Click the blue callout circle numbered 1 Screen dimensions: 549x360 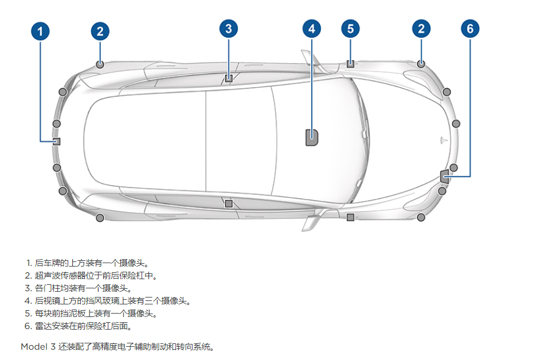pyautogui.click(x=40, y=31)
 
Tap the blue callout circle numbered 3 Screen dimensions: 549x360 pyautogui.click(x=229, y=29)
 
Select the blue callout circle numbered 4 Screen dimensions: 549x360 pyautogui.click(x=312, y=29)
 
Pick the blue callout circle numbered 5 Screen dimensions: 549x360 pyautogui.click(x=351, y=29)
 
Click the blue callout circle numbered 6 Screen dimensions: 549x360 pyautogui.click(x=470, y=29)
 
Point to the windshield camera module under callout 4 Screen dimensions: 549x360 pyautogui.click(x=312, y=137)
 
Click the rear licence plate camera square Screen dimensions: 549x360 pyautogui.click(x=56, y=142)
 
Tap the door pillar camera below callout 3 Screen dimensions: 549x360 pyautogui.click(x=229, y=78)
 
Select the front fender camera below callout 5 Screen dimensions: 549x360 pyautogui.click(x=351, y=64)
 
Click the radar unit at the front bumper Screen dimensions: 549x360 pyautogui.click(x=445, y=176)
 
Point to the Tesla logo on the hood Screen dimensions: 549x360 pyautogui.click(x=444, y=140)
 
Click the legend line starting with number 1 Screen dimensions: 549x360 pyautogui.click(x=88, y=263)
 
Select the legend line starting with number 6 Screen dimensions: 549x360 pyautogui.click(x=79, y=326)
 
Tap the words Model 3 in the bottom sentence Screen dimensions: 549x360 pyautogui.click(x=38, y=347)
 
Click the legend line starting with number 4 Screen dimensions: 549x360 pyautogui.click(x=108, y=301)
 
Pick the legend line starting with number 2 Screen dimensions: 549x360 pyautogui.click(x=91, y=276)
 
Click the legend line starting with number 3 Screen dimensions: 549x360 pyautogui.click(x=79, y=288)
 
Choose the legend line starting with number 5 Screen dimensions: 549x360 pyautogui.click(x=91, y=314)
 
